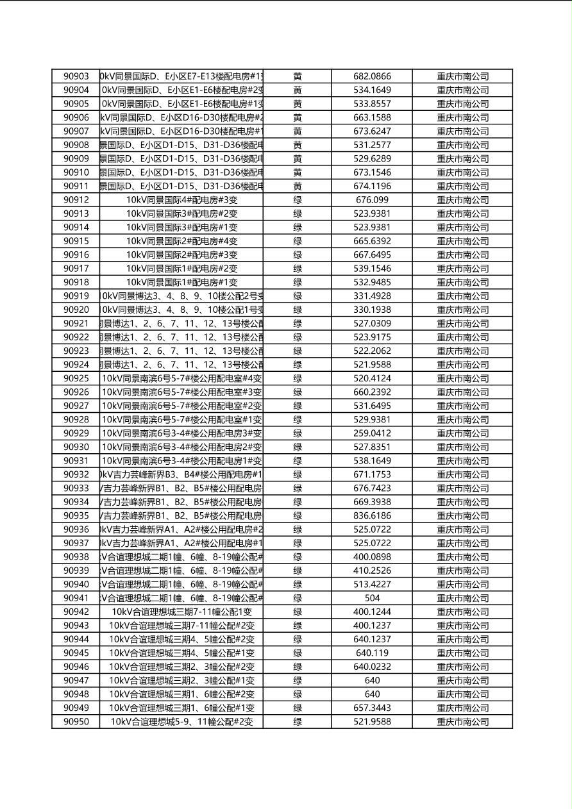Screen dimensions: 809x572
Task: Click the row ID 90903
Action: pos(76,76)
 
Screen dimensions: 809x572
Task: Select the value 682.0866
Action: pos(372,76)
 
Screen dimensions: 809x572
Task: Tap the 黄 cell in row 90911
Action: pos(298,186)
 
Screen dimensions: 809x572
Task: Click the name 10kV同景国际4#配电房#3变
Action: pos(181,200)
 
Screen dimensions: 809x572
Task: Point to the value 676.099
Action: pos(372,200)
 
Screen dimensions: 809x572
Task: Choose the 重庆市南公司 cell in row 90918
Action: pos(462,282)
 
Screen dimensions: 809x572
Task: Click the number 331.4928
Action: pos(372,296)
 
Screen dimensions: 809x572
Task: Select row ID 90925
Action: pos(76,378)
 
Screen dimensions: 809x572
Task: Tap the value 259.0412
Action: pos(372,433)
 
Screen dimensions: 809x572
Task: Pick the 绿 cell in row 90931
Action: pos(298,461)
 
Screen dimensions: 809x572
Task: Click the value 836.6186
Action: pos(372,516)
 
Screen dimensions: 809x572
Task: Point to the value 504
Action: pos(372,598)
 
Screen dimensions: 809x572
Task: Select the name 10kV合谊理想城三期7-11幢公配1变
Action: pos(181,612)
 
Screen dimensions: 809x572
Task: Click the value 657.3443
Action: pos(372,708)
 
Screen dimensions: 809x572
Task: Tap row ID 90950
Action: pos(76,722)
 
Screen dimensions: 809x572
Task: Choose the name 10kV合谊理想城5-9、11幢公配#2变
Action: pos(181,722)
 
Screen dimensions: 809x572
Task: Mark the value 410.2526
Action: pos(372,571)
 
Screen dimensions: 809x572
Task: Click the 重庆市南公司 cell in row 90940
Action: pos(462,585)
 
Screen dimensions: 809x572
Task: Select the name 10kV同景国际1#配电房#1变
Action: pos(181,282)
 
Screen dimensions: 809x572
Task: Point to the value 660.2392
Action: pos(372,392)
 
